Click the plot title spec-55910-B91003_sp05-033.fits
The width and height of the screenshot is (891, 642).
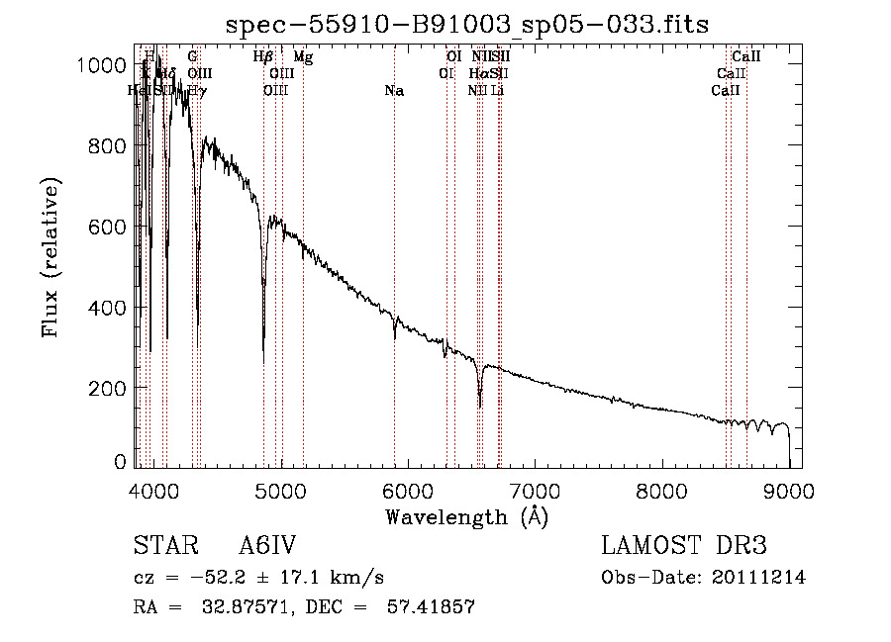point(467,24)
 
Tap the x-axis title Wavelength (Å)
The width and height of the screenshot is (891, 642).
point(466,516)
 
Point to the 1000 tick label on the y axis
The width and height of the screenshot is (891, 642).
point(103,65)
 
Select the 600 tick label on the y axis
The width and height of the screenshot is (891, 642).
point(109,227)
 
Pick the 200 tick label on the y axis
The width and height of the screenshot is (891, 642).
point(109,388)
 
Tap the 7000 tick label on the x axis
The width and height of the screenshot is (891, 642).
point(536,490)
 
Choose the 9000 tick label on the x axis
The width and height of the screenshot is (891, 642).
point(789,490)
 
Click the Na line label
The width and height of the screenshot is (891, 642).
point(394,91)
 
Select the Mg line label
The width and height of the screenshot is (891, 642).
point(303,58)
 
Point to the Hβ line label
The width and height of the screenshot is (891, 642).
point(263,58)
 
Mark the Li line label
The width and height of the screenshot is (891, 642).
point(498,91)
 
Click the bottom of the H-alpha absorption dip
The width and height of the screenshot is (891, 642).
point(480,406)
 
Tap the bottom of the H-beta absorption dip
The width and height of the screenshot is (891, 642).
point(263,348)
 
